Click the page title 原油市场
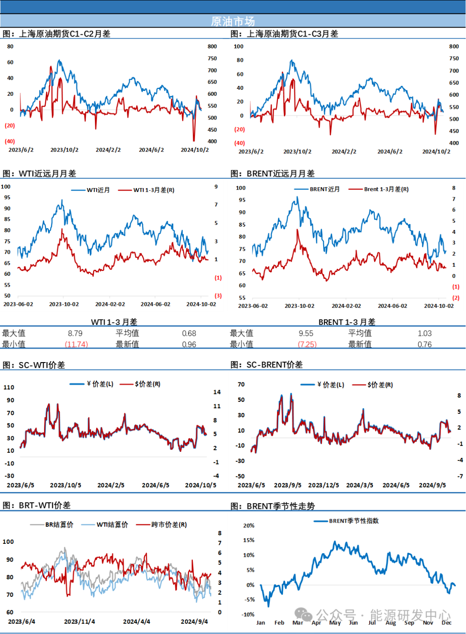(x=233, y=21)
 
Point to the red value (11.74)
(x=76, y=344)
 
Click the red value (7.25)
(x=308, y=344)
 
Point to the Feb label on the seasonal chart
(x=279, y=622)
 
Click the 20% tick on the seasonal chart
(x=249, y=525)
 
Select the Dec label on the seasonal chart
(x=447, y=622)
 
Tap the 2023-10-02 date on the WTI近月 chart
(x=64, y=304)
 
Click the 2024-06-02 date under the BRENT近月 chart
(x=392, y=306)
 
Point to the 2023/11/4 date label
(x=79, y=621)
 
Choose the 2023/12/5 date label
(x=324, y=485)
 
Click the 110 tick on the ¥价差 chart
(x=9, y=387)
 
